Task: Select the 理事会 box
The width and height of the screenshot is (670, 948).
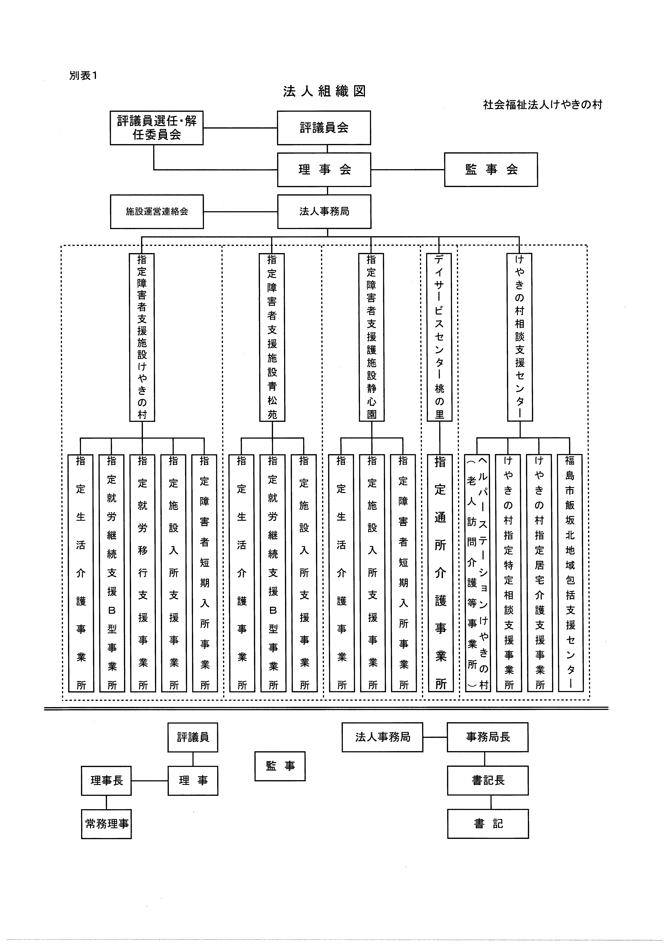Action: (324, 170)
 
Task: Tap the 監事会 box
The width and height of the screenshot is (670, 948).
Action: (491, 170)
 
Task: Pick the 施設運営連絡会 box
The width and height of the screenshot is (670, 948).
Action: (157, 211)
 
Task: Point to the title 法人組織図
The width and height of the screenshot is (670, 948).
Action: (324, 91)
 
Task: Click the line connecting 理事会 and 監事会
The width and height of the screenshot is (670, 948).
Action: (408, 170)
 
